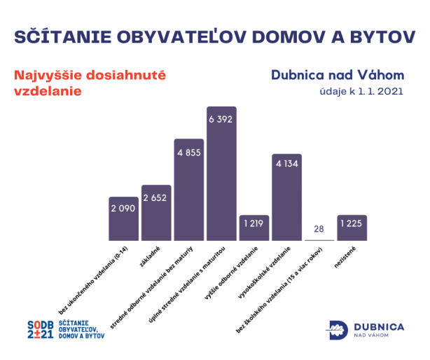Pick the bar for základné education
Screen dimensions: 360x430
[x=156, y=213]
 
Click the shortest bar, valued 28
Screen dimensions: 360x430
[x=319, y=240]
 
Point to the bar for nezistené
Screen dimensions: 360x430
[x=352, y=228]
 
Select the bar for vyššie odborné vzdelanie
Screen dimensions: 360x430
[x=254, y=228]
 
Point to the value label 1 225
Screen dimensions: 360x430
[x=352, y=225]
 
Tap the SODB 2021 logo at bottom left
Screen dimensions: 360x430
[x=66, y=329]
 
